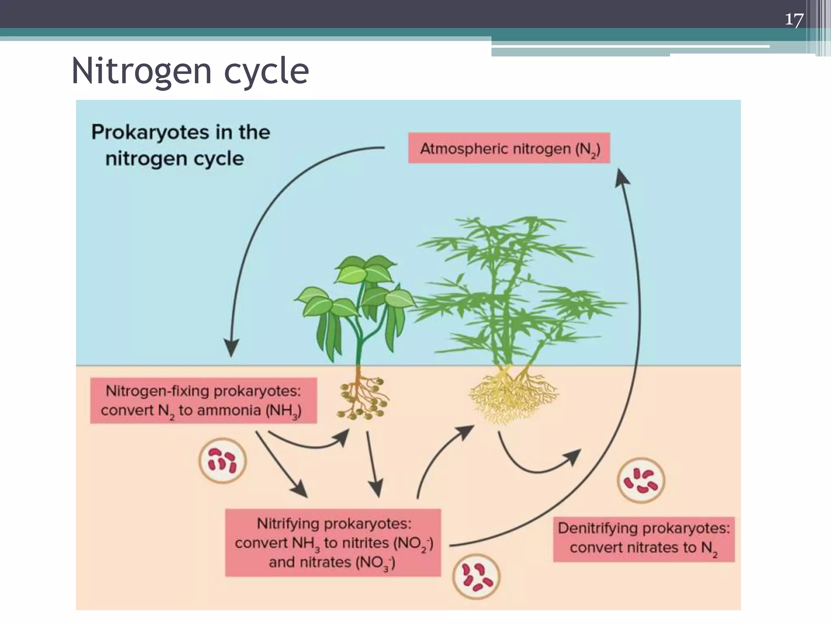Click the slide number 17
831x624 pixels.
(794, 19)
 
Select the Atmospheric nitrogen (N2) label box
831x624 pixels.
(509, 148)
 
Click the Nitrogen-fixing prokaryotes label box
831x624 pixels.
(203, 401)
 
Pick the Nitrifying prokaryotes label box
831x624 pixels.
(333, 543)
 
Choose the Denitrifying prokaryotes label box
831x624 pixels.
(644, 539)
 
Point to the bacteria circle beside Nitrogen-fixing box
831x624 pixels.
(222, 461)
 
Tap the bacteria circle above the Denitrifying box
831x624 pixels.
(640, 481)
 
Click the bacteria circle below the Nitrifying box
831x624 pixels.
(476, 577)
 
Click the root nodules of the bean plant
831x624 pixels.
(362, 400)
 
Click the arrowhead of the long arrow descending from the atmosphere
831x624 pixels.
(232, 348)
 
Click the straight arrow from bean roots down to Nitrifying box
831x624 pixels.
(372, 463)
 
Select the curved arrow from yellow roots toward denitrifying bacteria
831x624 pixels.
(536, 467)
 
